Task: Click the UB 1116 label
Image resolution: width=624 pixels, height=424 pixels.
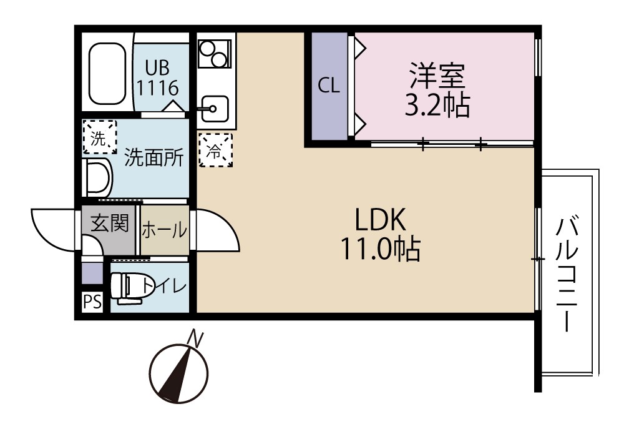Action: tap(158, 76)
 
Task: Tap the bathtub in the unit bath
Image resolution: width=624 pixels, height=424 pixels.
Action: tap(108, 75)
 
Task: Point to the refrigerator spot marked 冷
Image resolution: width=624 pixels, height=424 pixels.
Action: tap(215, 150)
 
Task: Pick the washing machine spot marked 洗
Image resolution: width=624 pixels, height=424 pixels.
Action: tap(99, 136)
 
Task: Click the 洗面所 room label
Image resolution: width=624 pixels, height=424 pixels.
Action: tap(154, 158)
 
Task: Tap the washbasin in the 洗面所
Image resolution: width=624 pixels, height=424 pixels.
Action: tap(97, 177)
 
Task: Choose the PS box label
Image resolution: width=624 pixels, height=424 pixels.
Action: tap(92, 302)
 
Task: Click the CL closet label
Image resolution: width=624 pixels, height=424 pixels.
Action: tap(329, 86)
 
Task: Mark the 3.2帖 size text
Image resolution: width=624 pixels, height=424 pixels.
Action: tap(437, 106)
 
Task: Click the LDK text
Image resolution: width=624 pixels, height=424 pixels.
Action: tap(381, 220)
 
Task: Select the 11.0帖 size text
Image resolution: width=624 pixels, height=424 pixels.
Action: tap(379, 250)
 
